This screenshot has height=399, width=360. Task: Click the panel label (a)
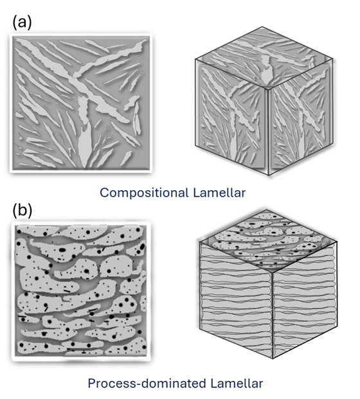[22, 23]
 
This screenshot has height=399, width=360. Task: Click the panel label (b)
[22, 211]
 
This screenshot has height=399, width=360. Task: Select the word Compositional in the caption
[144, 193]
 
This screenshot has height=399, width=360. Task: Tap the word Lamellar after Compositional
[219, 192]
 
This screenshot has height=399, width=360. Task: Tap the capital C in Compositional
[104, 193]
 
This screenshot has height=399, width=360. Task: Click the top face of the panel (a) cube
[264, 58]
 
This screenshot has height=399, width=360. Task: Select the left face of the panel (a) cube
[231, 117]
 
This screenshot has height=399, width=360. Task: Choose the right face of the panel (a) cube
[300, 117]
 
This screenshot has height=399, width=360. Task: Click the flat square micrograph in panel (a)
[81, 103]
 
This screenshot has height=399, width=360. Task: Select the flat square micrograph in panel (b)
[81, 291]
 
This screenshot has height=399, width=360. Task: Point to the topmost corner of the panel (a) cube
[262, 27]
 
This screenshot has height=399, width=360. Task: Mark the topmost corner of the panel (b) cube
[266, 209]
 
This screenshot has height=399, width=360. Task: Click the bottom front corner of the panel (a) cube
[268, 175]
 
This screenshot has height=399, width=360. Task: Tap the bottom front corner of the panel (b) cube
[273, 359]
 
